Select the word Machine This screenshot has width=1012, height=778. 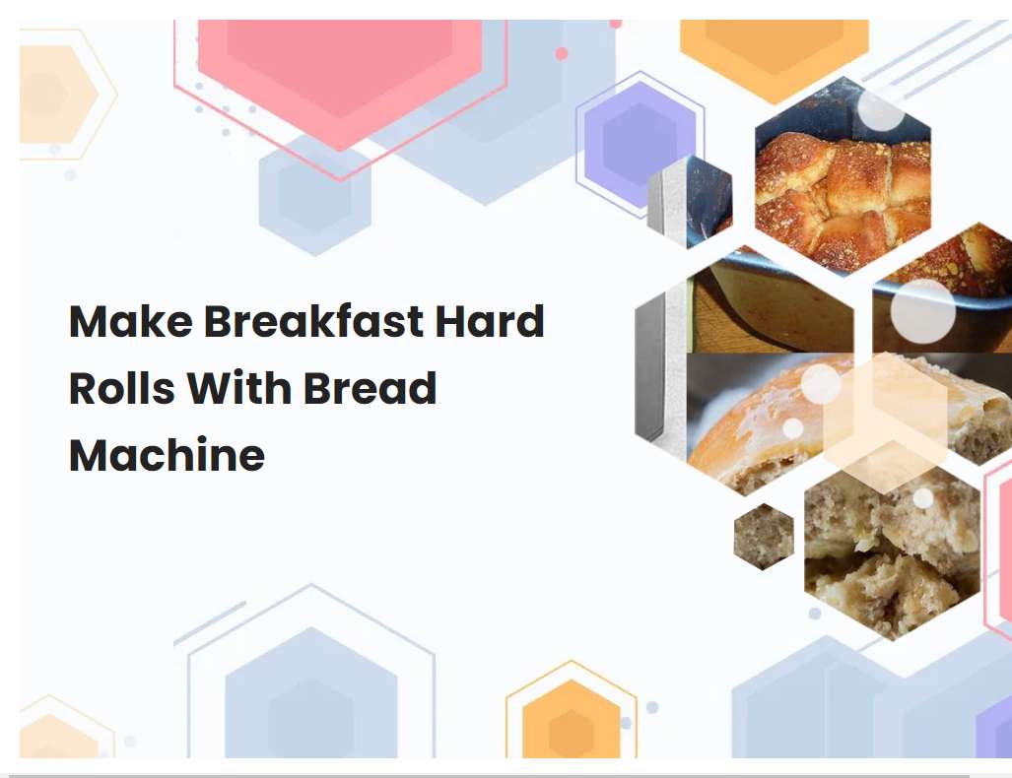pos(167,456)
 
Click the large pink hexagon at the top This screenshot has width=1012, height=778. pos(340,74)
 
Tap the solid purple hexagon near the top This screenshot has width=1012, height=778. pos(640,141)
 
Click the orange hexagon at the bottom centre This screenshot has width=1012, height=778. pos(571,723)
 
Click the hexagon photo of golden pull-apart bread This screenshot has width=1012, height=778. pos(843,182)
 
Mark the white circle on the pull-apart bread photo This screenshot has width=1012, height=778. pos(880,110)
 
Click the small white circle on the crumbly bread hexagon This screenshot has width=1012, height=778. pos(923,498)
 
